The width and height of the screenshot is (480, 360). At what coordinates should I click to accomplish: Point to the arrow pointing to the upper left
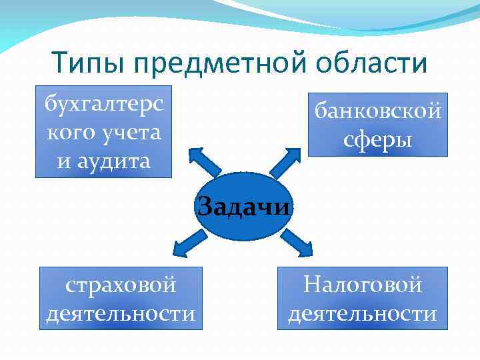pos(204,161)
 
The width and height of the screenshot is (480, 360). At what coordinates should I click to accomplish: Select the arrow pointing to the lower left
pos(191,243)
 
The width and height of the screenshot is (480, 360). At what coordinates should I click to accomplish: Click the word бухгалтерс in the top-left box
pos(103,104)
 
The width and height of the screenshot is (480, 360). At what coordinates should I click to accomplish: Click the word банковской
pos(378,111)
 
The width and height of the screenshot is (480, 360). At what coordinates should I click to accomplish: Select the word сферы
pos(378,140)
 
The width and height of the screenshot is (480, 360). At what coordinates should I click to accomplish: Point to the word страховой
pos(121,285)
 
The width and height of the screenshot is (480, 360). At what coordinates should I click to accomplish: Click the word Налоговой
pos(363,285)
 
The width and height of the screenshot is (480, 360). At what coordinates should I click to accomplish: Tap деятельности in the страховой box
pos(121,313)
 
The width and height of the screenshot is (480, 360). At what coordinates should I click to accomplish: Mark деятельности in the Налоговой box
pos(363,313)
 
